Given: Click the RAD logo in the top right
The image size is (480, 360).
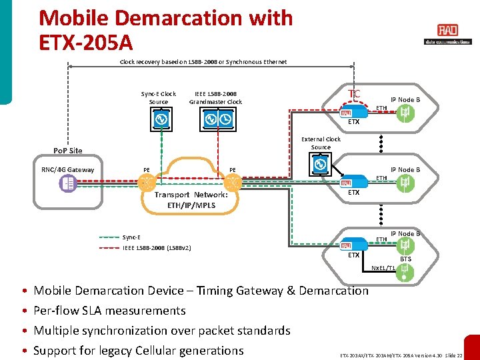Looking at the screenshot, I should pyautogui.click(x=447, y=31).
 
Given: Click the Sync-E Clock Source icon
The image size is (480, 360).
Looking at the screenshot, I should pyautogui.click(x=159, y=119).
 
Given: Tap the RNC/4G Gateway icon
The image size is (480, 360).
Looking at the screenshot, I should pyautogui.click(x=67, y=183).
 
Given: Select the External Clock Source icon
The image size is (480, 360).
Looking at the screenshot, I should pyautogui.click(x=320, y=164).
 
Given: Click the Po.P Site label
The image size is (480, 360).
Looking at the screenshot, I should pyautogui.click(x=68, y=151).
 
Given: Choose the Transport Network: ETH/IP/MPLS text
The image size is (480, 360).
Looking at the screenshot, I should pyautogui.click(x=191, y=200).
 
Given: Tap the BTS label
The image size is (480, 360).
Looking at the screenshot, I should pyautogui.click(x=405, y=259).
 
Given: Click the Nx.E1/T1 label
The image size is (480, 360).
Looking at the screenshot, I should pyautogui.click(x=383, y=268).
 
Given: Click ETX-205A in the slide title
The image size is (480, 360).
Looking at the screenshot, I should pyautogui.click(x=86, y=43).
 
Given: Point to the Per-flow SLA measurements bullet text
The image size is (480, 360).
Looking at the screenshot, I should pyautogui.click(x=109, y=311).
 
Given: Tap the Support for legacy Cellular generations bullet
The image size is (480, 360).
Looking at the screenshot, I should pyautogui.click(x=139, y=351).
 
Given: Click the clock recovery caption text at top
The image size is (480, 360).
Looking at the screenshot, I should pyautogui.click(x=203, y=62).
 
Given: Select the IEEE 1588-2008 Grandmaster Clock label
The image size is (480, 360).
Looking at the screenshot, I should pyautogui.click(x=215, y=98).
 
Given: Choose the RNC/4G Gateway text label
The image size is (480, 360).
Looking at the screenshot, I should pyautogui.click(x=68, y=170).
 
